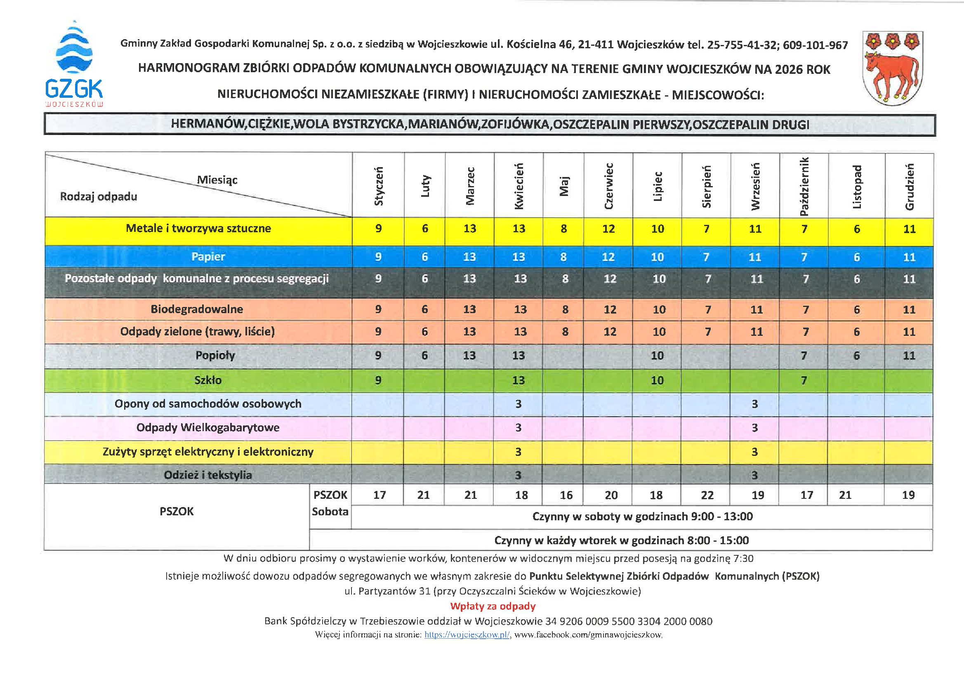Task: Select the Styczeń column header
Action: click(x=379, y=186)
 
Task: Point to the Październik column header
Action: click(x=804, y=186)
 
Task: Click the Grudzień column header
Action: click(x=910, y=186)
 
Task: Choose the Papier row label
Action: click(x=208, y=257)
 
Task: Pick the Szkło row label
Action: click(x=208, y=380)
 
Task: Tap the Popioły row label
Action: click(x=215, y=355)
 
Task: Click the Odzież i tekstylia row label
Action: click(x=208, y=475)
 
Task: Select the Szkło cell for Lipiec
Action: click(x=657, y=380)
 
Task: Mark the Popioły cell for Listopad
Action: click(x=856, y=356)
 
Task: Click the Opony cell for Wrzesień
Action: click(x=754, y=404)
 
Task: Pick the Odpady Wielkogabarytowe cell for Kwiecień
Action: click(x=519, y=427)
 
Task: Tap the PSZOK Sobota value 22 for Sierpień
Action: click(x=707, y=495)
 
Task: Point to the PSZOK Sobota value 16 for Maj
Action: click(x=566, y=495)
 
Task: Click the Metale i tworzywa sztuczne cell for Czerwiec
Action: click(x=608, y=229)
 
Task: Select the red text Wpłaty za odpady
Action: click(x=493, y=606)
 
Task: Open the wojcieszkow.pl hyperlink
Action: click(x=467, y=635)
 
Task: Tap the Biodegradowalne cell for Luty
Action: click(x=424, y=309)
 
